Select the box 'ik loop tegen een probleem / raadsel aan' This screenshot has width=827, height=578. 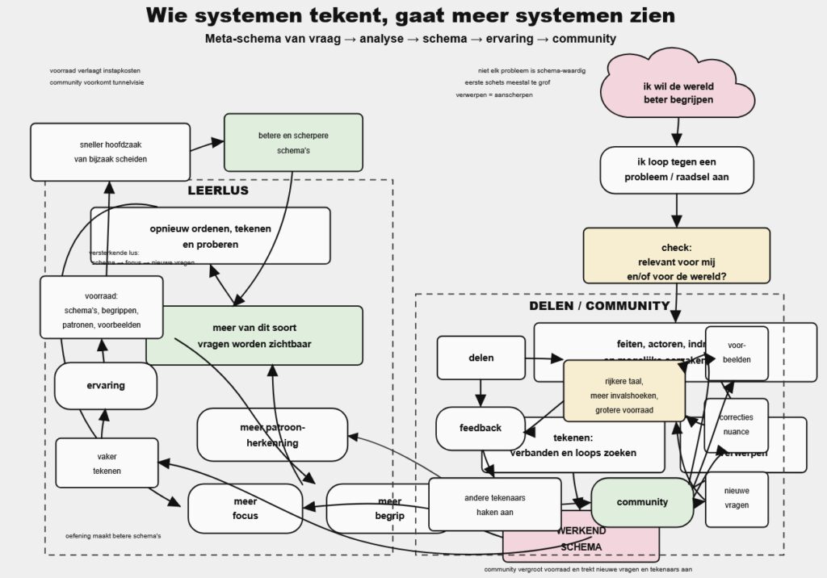coord(677,170)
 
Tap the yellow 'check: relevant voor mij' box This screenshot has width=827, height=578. coord(677,255)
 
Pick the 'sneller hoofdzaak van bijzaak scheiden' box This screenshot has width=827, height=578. coord(110,152)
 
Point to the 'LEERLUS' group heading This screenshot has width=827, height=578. coord(218,191)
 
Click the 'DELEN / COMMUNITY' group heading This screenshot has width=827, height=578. coord(599,306)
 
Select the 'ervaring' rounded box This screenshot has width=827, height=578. coord(106,386)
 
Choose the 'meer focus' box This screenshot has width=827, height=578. coord(234,509)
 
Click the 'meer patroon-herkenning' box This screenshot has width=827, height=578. coord(272,434)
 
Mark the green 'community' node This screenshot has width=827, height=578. coord(643,502)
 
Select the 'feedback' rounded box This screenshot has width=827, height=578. coord(481,428)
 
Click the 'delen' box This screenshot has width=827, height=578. coord(481,358)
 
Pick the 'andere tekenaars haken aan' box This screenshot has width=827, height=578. coord(494,505)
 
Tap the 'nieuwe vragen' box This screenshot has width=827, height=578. coord(737,498)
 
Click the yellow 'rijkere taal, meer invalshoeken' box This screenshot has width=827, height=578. coord(623,391)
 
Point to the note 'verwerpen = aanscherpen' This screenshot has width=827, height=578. coord(494,95)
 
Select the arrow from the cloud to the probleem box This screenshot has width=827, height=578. coord(677,131)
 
